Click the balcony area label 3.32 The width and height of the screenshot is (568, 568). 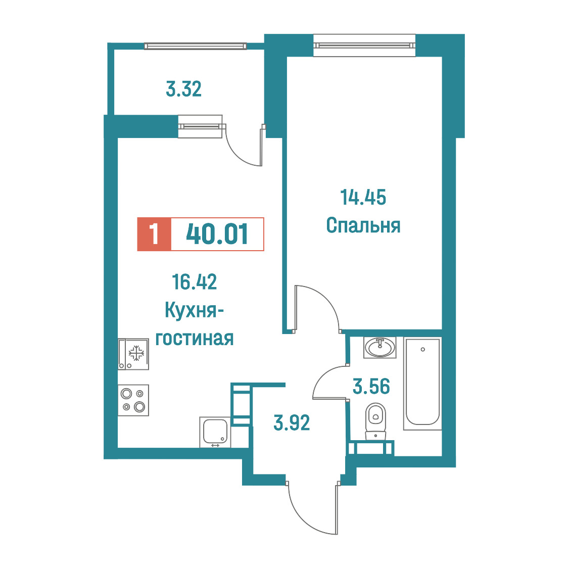point(183,89)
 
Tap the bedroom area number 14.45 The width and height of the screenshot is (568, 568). point(363,198)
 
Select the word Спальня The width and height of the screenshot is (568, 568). point(363,225)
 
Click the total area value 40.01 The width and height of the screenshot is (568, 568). point(217,234)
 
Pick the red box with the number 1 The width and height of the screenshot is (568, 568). point(154,234)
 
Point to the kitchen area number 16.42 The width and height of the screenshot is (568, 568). point(195,282)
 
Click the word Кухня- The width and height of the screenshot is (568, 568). point(194,311)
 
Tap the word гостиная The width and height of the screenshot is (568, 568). point(195,339)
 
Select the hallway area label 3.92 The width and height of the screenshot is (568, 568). point(292,423)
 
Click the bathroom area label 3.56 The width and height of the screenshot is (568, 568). point(371,386)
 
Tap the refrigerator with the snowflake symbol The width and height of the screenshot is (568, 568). point(133,354)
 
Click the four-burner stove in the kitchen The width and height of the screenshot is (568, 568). point(133,400)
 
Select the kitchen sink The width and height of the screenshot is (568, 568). point(215,432)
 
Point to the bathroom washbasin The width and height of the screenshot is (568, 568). point(380,347)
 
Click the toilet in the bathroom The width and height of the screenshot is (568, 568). point(375,421)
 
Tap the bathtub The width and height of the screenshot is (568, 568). point(422,384)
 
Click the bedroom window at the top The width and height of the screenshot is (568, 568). point(364,45)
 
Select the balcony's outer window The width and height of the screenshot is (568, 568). point(195,46)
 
